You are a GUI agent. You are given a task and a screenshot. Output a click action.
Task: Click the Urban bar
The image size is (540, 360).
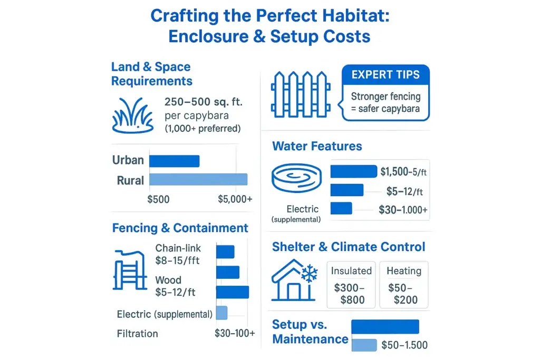point(175,161)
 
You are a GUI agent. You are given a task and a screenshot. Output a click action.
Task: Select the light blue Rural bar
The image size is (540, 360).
point(198,179)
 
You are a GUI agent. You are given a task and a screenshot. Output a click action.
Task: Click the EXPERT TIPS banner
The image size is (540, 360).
point(386,74)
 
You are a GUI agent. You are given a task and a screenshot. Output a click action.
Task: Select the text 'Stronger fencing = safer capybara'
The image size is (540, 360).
point(386,102)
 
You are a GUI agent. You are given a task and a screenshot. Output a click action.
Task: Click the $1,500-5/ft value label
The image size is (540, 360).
point(404,171)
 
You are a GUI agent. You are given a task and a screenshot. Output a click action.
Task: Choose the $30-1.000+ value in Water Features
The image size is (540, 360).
point(403,210)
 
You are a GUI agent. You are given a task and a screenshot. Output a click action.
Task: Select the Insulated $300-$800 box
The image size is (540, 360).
point(351,285)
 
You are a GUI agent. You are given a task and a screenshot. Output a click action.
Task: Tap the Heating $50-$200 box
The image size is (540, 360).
point(404,285)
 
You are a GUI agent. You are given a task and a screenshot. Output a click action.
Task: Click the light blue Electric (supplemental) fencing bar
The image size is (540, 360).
point(221,313)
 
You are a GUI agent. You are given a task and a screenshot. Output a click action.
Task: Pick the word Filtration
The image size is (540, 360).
point(137,334)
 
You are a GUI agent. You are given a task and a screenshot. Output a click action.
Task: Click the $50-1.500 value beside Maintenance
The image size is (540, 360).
point(404,345)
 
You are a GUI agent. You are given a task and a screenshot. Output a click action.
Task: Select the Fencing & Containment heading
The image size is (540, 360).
point(180,228)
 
